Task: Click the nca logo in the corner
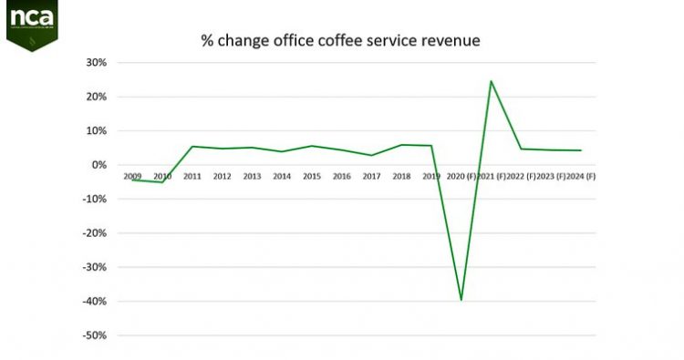click(33, 23)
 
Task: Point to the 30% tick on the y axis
click(97, 63)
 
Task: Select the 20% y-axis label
click(97, 97)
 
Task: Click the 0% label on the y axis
click(99, 165)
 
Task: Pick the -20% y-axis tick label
click(95, 233)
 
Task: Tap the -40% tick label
click(95, 302)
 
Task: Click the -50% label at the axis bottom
click(95, 335)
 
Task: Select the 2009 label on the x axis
click(133, 176)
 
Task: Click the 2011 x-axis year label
click(192, 176)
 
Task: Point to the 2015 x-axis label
click(312, 176)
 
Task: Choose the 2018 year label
click(401, 176)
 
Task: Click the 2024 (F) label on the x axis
click(580, 176)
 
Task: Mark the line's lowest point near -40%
click(461, 300)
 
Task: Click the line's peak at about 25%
click(491, 81)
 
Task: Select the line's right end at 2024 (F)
click(581, 150)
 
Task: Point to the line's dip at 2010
click(162, 182)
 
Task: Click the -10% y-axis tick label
click(95, 199)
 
